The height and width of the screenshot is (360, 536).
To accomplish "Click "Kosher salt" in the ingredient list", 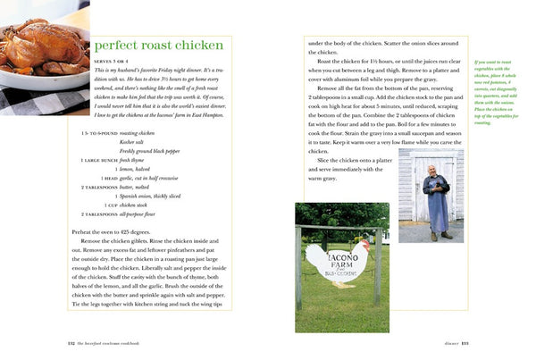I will click(133, 140).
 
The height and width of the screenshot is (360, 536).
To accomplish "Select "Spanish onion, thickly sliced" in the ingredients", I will click(151, 196).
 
